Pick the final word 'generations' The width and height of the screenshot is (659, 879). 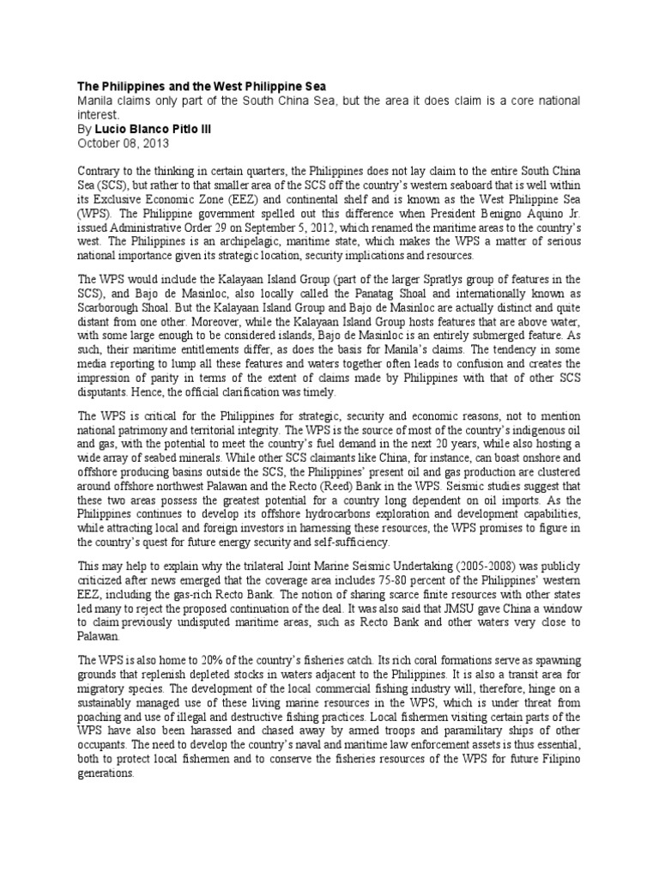coord(106,773)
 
